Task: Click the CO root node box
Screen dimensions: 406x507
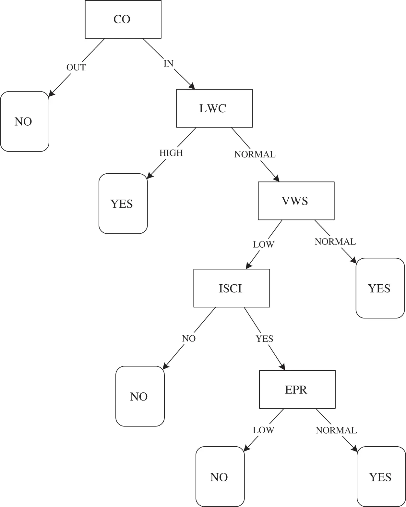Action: [x=123, y=19]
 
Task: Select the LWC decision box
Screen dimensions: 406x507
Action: [x=214, y=108]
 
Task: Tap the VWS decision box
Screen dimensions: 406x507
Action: [x=296, y=201]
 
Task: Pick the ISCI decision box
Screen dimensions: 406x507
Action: [x=232, y=288]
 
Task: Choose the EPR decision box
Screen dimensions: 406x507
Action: [x=297, y=390]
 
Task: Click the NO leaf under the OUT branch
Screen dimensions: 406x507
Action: [x=25, y=122]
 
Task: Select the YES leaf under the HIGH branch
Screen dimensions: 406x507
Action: [x=123, y=204]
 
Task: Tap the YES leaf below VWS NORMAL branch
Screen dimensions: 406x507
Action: [x=380, y=288]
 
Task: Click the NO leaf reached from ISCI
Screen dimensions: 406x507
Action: [x=140, y=397]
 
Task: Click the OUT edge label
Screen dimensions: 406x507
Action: [x=76, y=68]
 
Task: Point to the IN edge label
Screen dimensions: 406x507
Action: [x=169, y=64]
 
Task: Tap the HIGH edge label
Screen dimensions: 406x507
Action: [x=171, y=153]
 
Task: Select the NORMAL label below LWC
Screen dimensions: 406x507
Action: [x=255, y=155]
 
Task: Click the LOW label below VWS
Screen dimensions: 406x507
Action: [x=264, y=244]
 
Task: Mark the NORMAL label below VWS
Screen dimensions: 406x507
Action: [x=335, y=242]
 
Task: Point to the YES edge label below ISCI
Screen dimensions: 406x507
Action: [x=265, y=339]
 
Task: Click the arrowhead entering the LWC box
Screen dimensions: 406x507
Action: [x=192, y=86]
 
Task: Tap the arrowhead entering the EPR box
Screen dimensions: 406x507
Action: [x=282, y=367]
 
